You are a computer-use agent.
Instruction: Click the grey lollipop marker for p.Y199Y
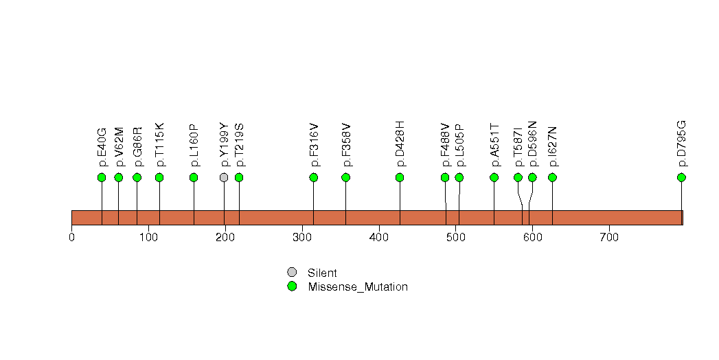(x=224, y=177)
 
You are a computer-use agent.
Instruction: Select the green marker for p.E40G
(x=102, y=177)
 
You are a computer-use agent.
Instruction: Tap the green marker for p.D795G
(x=681, y=177)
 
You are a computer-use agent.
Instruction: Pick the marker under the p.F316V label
(x=314, y=177)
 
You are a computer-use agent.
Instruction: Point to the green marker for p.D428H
(x=400, y=177)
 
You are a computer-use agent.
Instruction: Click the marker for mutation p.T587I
(x=518, y=177)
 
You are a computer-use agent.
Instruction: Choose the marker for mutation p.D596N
(x=532, y=177)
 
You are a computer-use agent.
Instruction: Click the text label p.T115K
(x=159, y=144)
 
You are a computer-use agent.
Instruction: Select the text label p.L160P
(x=194, y=145)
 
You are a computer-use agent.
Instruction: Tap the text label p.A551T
(x=494, y=145)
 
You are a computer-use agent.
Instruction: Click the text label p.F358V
(x=346, y=145)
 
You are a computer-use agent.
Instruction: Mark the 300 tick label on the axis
(x=302, y=238)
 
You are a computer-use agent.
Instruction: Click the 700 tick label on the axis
(x=609, y=238)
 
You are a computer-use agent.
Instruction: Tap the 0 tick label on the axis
(x=71, y=238)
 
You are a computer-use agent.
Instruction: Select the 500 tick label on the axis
(x=456, y=238)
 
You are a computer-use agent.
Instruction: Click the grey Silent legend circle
(x=292, y=273)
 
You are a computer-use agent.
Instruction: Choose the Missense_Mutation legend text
(x=358, y=287)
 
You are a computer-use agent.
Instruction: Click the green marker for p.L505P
(x=459, y=177)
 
